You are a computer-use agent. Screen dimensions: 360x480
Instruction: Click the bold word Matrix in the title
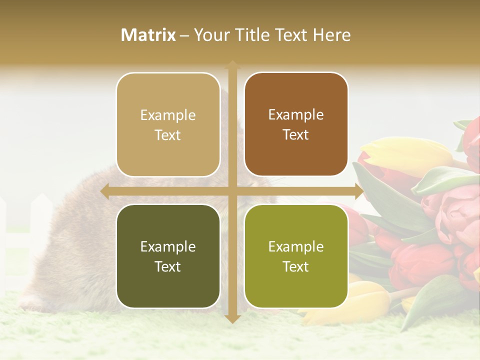(x=148, y=35)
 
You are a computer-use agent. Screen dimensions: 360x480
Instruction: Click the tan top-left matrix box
(x=168, y=124)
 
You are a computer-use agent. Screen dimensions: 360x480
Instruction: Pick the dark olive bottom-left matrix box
(x=168, y=256)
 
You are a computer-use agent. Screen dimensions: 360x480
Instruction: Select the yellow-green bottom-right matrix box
(x=296, y=256)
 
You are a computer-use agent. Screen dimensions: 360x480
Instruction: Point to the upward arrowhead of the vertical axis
(x=232, y=65)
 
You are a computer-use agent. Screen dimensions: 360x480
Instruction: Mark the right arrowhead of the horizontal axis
(x=358, y=191)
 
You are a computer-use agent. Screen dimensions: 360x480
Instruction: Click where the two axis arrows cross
(x=232, y=191)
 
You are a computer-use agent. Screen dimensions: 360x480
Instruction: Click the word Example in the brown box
(x=296, y=114)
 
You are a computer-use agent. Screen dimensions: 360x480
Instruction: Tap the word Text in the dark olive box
(x=168, y=266)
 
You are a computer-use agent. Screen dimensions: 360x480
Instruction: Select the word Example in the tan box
(x=168, y=115)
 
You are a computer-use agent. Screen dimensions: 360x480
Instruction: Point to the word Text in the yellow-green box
(x=296, y=266)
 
